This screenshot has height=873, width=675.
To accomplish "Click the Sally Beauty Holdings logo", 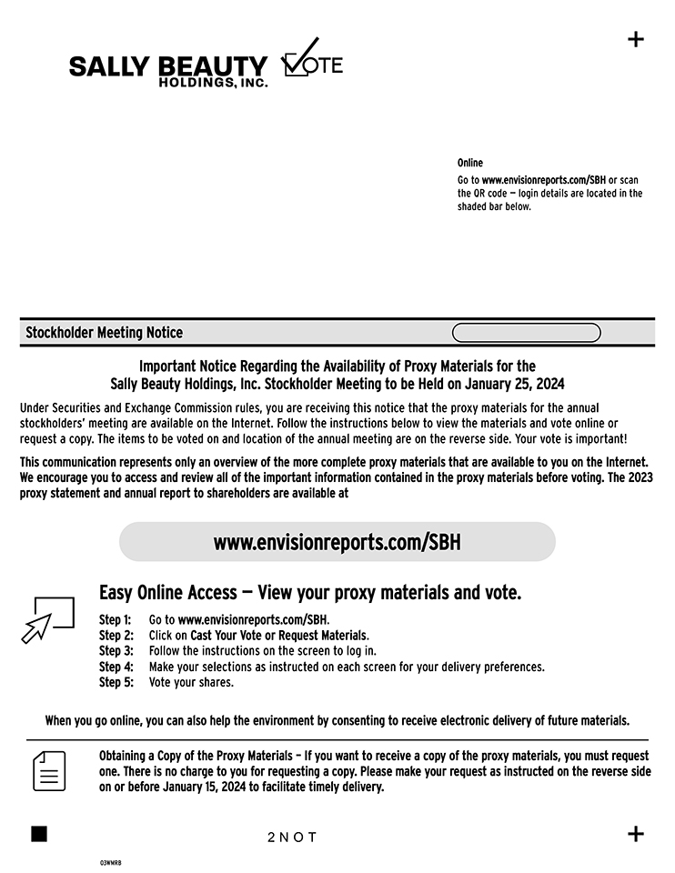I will tap(168, 70).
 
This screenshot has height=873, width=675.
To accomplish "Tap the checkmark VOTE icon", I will tap(312, 59).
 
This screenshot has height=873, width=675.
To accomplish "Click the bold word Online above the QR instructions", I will tap(470, 163).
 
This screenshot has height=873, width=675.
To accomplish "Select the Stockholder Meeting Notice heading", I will tap(104, 333).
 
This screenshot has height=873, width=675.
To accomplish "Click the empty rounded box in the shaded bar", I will tap(526, 333).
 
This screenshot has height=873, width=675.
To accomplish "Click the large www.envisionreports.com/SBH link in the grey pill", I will tap(337, 543).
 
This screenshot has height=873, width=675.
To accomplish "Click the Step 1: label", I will tap(116, 619).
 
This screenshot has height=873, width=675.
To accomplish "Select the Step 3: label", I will tap(116, 651).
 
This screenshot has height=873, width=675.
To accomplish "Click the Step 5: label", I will tap(116, 682).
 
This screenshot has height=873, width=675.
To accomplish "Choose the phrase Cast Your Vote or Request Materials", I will tap(279, 635).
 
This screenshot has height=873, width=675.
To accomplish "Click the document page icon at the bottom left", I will tap(49, 771).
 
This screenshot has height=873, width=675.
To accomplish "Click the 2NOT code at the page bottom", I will tap(292, 837).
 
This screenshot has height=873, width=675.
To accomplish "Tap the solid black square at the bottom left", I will tap(39, 834).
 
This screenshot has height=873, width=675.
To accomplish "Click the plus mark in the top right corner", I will tap(636, 39).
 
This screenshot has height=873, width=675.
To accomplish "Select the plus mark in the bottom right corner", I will tap(636, 834).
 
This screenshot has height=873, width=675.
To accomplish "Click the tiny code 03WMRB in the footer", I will tap(110, 862).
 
